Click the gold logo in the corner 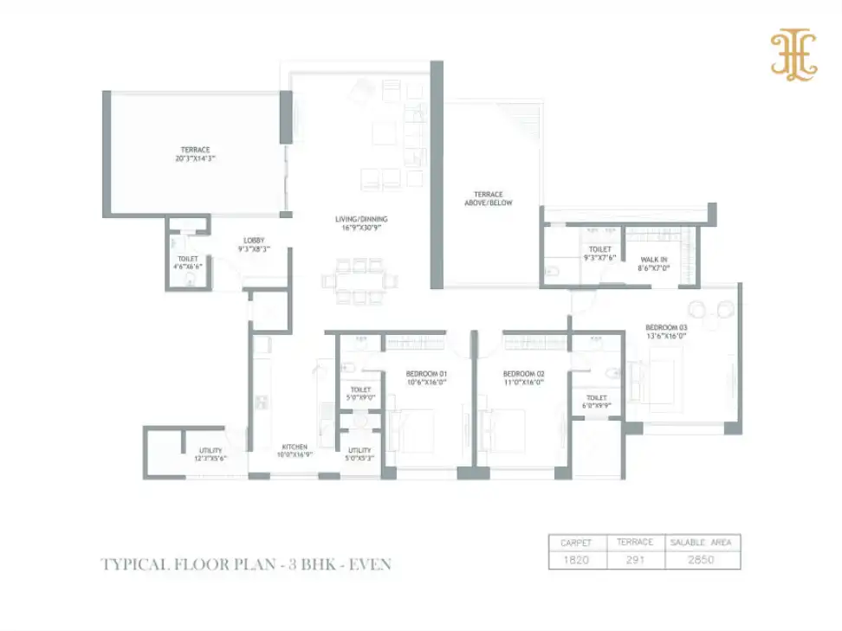tap(794, 55)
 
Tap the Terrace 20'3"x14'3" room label tap(195, 154)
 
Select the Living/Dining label tap(361, 224)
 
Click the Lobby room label tap(254, 244)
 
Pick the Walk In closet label tap(653, 263)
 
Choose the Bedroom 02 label tap(522, 379)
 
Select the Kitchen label tap(294, 451)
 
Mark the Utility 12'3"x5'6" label tap(210, 454)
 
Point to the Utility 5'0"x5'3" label tap(359, 454)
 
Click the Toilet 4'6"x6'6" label tap(188, 263)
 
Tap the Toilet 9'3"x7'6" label tap(599, 254)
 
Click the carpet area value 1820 tap(575, 560)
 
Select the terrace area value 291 tap(634, 560)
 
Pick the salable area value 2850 tap(702, 560)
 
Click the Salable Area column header tap(702, 543)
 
